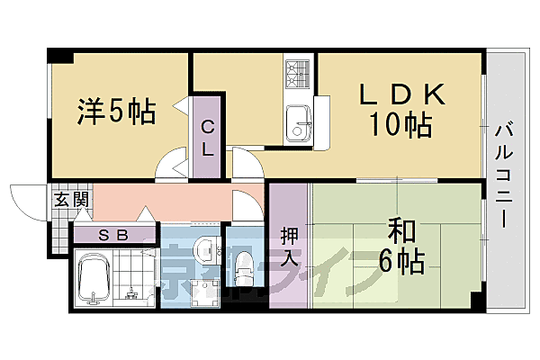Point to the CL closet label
[x=207, y=138]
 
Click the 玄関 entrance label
[x=71, y=200]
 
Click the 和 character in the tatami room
[x=401, y=229]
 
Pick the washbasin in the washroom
[x=205, y=253]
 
